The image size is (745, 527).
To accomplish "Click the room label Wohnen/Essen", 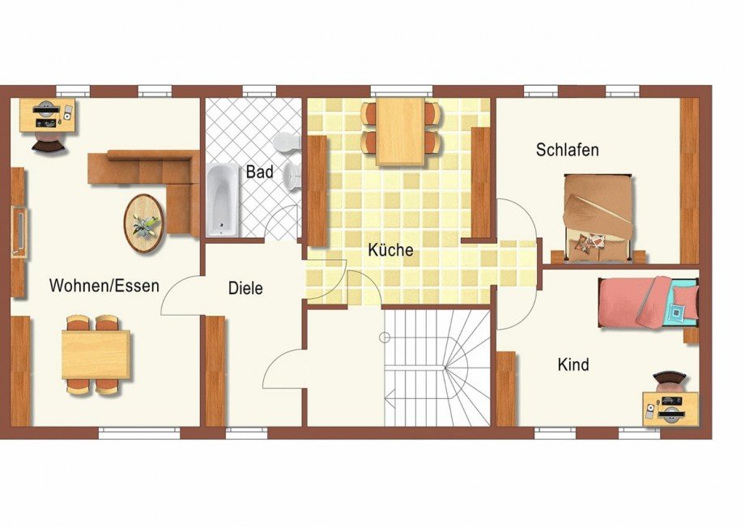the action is (x=104, y=286).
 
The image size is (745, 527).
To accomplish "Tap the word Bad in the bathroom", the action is (x=260, y=172).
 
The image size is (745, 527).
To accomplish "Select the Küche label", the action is (x=390, y=250).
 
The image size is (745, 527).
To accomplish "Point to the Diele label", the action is (x=245, y=288).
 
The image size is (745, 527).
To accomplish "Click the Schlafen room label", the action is (x=568, y=150).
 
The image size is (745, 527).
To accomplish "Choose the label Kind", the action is (x=573, y=364).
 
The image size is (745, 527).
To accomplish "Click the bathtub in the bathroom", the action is (x=223, y=199).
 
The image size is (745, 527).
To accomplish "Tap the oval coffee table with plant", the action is (x=144, y=223).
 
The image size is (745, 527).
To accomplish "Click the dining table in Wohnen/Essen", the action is (x=96, y=355).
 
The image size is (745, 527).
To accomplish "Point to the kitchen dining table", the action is (x=401, y=131).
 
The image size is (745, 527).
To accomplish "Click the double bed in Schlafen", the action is (x=598, y=219).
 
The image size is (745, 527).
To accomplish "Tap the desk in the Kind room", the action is (x=670, y=407).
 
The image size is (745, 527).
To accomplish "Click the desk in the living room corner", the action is (x=48, y=115).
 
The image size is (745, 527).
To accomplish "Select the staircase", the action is (x=437, y=368).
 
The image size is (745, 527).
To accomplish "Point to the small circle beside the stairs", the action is (x=385, y=338).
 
